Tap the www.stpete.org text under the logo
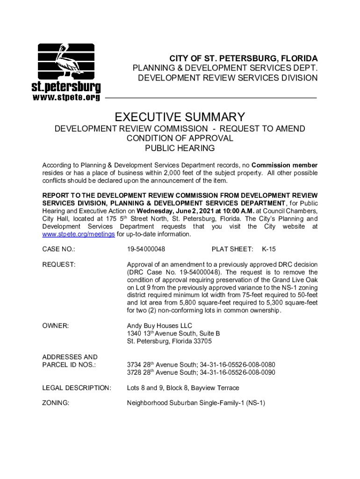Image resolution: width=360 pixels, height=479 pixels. (66, 97)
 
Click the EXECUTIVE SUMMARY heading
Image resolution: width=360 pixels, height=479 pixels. (180, 117)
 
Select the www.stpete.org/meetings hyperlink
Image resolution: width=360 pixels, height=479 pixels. (79, 234)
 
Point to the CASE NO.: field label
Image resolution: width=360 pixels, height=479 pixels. (59, 249)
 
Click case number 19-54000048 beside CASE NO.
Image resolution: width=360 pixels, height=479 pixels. (146, 249)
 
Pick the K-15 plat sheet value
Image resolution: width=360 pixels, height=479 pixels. (268, 249)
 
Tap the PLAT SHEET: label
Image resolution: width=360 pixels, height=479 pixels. (232, 249)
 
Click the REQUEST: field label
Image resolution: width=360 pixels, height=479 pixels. (59, 265)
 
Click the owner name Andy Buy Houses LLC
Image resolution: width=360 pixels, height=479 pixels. (159, 326)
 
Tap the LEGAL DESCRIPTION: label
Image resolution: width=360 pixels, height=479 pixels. (77, 388)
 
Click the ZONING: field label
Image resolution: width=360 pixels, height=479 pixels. (56, 402)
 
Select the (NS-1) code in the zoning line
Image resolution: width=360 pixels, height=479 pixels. (256, 402)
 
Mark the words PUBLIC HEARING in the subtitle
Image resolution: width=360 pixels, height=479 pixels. (180, 148)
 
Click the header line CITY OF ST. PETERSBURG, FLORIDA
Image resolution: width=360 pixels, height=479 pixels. (243, 58)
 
